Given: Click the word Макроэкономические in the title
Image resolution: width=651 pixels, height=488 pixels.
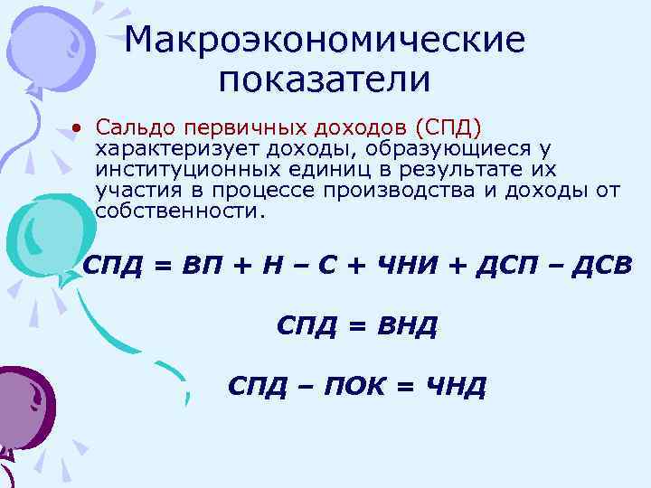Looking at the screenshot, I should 325,40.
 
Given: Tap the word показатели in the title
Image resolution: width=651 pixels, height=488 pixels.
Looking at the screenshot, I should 325,80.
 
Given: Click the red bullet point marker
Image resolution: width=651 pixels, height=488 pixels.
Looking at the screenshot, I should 79,125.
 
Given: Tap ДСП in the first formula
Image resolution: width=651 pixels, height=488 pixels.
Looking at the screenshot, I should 497,268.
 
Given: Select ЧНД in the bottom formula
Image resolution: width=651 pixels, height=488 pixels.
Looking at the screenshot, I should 455,387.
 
